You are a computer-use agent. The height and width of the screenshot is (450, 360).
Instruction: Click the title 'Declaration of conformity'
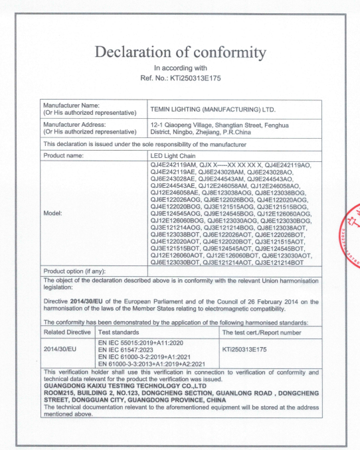click(x=179, y=51)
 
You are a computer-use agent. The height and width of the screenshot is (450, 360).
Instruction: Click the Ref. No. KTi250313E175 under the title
click(x=179, y=79)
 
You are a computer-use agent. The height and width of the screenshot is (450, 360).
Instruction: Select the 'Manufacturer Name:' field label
click(x=70, y=106)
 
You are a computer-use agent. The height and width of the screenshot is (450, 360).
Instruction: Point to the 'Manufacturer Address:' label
click(x=74, y=123)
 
